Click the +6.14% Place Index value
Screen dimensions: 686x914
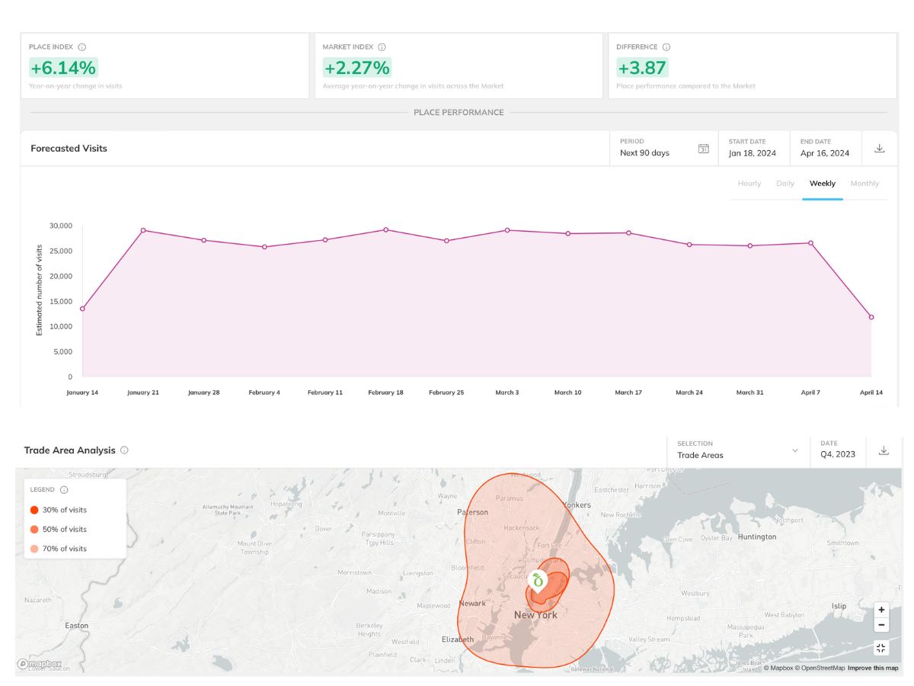coord(64,68)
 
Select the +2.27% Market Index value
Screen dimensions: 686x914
coord(356,68)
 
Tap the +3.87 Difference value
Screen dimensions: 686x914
coord(642,68)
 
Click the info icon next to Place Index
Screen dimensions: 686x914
coord(82,47)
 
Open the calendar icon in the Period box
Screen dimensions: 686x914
coord(704,149)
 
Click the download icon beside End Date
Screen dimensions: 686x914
coord(879,149)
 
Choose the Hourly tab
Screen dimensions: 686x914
coord(749,184)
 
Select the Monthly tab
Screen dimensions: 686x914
coord(864,184)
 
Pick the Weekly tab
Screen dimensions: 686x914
coord(822,184)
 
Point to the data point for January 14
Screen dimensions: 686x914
coord(82,309)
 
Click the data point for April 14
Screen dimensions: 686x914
coord(871,317)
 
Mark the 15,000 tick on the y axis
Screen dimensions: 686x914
coord(61,301)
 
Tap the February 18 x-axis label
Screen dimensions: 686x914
coord(385,393)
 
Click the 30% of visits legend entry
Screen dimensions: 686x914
coord(64,510)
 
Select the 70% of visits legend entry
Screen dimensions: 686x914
coord(64,549)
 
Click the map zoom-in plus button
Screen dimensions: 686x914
coord(881,610)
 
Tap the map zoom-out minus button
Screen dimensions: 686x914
coord(881,625)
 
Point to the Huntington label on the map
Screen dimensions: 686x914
coord(757,537)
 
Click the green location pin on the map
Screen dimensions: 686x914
coord(538,582)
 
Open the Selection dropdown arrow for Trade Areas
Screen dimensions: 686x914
coord(795,450)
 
